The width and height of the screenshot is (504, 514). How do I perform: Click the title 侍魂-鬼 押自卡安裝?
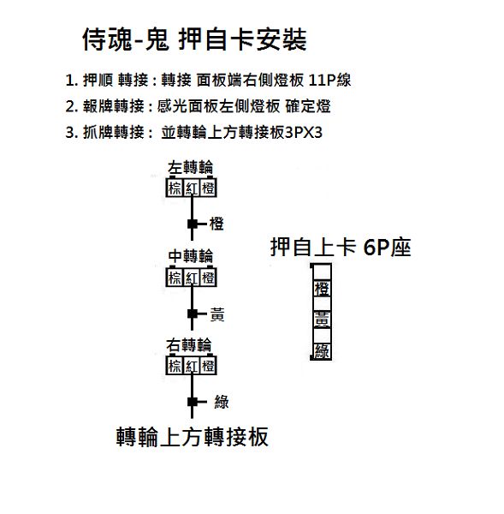[x=194, y=39]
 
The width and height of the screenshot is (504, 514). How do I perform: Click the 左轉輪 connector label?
[x=190, y=167]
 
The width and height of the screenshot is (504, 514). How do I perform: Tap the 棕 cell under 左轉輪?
[x=175, y=188]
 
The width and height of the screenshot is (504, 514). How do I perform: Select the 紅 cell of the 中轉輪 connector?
[x=192, y=278]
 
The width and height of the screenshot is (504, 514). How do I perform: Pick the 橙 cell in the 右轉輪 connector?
[x=208, y=366]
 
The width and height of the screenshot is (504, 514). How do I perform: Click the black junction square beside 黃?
[x=193, y=314]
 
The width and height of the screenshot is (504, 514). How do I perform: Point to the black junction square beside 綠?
[x=193, y=402]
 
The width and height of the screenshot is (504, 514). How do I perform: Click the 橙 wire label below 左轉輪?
[x=216, y=224]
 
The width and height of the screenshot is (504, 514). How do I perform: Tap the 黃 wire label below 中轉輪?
[x=217, y=314]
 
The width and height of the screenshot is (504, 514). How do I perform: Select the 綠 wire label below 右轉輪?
[x=222, y=402]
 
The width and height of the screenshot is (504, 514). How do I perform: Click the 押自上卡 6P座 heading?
[x=341, y=247]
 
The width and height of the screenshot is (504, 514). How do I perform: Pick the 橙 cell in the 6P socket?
[x=322, y=289]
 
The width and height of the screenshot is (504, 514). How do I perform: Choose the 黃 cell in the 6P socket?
[x=322, y=320]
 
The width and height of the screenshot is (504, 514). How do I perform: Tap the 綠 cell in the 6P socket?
[x=322, y=351]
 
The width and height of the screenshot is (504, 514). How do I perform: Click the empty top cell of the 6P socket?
[x=322, y=272]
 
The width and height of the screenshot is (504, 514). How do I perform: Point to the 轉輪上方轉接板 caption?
[x=193, y=437]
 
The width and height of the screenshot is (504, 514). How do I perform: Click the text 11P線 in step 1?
[x=329, y=80]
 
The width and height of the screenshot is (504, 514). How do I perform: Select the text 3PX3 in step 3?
[x=304, y=133]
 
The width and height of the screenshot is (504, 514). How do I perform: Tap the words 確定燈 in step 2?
[x=308, y=106]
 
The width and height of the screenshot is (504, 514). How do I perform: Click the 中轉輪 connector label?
[x=191, y=256]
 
